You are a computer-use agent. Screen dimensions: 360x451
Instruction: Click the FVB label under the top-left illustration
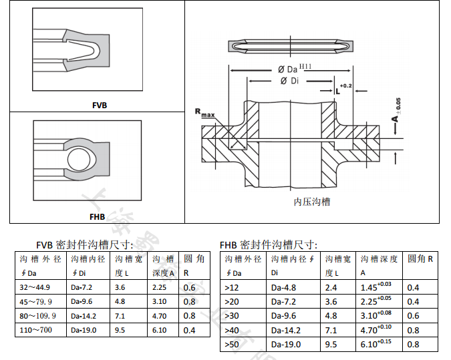coord(100,105)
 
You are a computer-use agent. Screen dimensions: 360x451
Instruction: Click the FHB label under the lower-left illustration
coord(98,216)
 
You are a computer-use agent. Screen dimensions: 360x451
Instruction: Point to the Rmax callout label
coord(204,112)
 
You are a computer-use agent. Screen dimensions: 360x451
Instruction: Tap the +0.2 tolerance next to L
coord(345,86)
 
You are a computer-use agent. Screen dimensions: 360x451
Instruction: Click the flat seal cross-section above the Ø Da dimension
coord(290,47)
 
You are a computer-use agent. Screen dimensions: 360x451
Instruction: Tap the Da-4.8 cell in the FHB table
coord(283,287)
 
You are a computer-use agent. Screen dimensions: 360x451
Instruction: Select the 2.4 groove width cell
coord(331,287)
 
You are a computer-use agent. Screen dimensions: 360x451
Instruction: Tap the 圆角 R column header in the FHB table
coord(420,258)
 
